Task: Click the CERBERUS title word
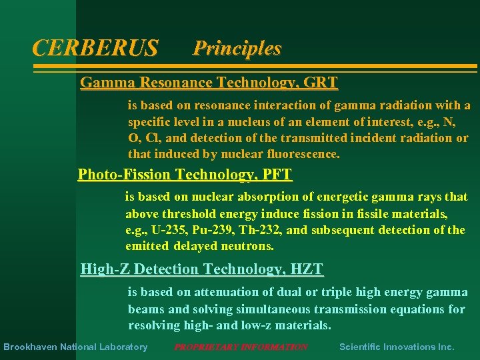point(95,48)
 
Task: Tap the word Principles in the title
point(237,48)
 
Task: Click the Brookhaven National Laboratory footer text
point(75,347)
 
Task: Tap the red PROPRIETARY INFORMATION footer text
point(241,347)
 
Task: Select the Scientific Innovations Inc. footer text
point(397,347)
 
